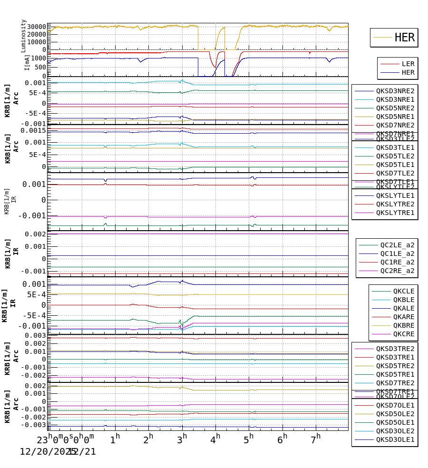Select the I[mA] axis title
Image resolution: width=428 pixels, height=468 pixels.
(x=28, y=62)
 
